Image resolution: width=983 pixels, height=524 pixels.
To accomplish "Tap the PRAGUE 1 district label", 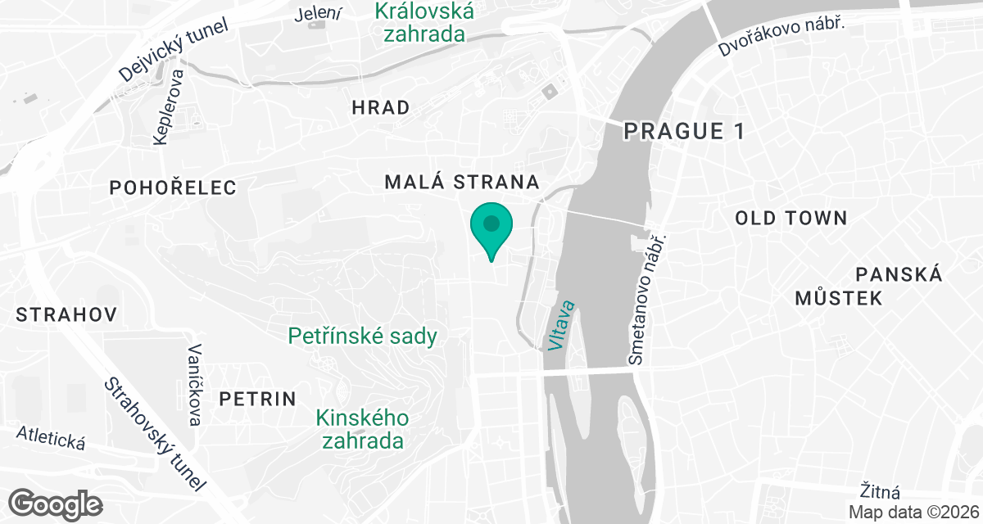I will [x=684, y=131].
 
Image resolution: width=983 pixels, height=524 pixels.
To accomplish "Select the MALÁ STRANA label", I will [x=462, y=182].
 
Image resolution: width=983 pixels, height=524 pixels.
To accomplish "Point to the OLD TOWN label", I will [x=790, y=218].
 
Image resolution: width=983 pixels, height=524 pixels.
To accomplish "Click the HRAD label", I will [x=380, y=107].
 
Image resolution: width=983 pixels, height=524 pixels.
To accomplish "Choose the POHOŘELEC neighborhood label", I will [x=173, y=187].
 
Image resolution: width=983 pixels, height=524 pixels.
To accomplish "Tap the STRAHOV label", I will [x=66, y=314].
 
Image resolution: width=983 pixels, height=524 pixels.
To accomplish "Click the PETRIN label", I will [x=257, y=399].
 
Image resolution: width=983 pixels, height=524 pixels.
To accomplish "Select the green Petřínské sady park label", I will [x=362, y=336].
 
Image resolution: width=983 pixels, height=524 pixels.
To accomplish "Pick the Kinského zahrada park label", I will [x=363, y=429].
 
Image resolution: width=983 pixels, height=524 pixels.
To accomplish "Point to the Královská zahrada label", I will [x=424, y=22].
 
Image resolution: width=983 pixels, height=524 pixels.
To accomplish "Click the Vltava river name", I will [x=563, y=326].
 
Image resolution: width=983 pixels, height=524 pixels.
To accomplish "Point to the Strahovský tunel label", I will [x=153, y=435].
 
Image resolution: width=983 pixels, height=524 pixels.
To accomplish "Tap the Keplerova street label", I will [x=170, y=107].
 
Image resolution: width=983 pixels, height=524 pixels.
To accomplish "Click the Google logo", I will [x=57, y=503].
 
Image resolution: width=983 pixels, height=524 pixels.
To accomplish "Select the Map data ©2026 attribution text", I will [x=913, y=512].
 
